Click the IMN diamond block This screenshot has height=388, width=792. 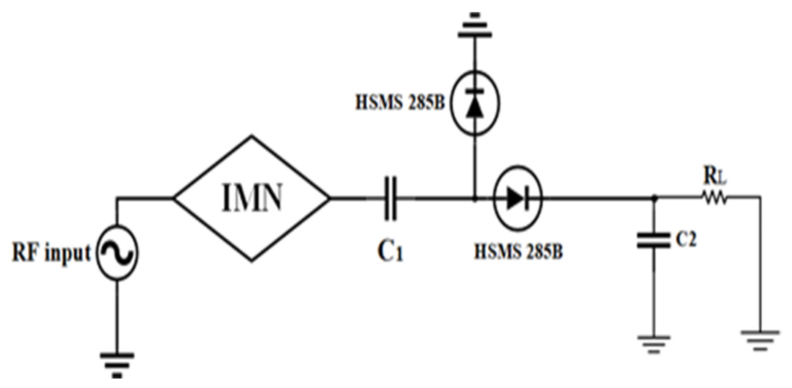coord(252,198)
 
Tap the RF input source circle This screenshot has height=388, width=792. coord(117,252)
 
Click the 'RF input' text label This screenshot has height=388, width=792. coord(51,253)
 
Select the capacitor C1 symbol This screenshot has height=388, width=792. coord(390,198)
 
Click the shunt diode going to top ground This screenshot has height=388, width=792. coord(474,103)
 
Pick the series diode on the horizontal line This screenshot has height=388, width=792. coord(518,198)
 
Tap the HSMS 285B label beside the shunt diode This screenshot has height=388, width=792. coord(400,103)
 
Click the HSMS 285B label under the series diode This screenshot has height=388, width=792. coord(518,252)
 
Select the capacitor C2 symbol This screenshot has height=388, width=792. coord(653,241)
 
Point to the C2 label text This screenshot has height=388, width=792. coord(686,241)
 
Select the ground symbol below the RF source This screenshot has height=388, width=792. coord(117,364)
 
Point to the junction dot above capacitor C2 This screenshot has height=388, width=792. coord(653,198)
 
